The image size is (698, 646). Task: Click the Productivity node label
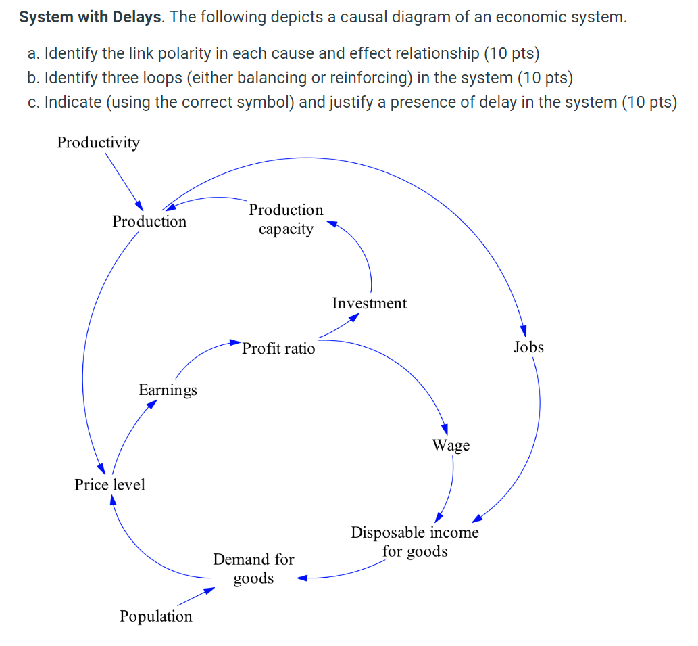click(98, 142)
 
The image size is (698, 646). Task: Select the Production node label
click(149, 221)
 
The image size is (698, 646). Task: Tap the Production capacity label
click(286, 219)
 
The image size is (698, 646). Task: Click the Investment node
click(370, 303)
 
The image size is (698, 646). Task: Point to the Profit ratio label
click(278, 348)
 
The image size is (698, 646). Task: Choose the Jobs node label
click(528, 347)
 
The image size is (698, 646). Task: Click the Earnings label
click(168, 390)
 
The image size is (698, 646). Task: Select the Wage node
click(451, 445)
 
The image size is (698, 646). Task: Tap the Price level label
click(109, 484)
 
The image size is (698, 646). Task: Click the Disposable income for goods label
click(414, 542)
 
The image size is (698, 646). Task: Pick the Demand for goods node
click(253, 568)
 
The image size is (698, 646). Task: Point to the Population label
click(155, 616)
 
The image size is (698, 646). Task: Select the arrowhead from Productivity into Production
click(139, 206)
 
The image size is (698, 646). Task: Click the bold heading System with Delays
click(91, 17)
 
